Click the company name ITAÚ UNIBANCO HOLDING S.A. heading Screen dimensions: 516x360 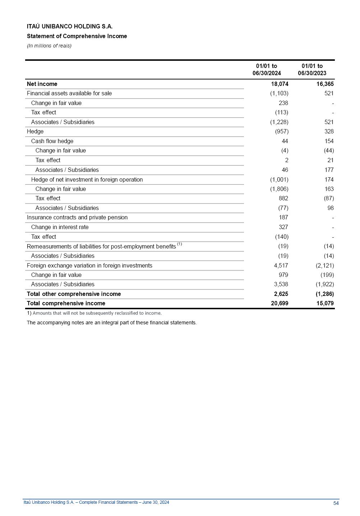69,27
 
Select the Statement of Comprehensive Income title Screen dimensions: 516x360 77,36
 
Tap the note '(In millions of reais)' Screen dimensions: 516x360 49,46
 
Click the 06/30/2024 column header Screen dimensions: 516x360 267,70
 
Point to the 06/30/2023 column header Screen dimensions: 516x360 312,70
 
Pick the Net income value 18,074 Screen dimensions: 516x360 280,84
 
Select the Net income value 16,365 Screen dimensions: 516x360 325,84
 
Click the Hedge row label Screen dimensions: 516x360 35,132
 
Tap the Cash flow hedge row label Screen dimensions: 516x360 52,141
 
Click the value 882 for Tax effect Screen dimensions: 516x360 283,198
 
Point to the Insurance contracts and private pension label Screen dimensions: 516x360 77,218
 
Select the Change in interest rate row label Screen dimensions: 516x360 60,227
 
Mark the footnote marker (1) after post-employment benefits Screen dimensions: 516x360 179,245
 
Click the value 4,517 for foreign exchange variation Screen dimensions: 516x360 281,266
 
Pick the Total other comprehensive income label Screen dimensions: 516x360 74,294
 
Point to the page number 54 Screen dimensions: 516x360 336,503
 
